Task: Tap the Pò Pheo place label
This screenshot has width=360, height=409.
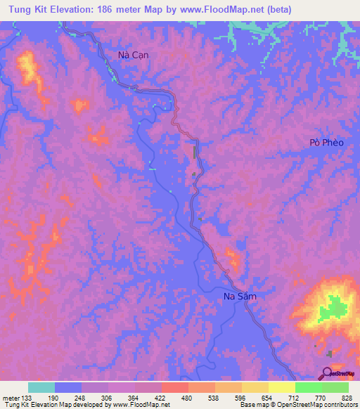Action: point(327,143)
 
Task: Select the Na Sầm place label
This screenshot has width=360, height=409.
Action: point(235,297)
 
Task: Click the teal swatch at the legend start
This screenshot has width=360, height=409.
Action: point(41,387)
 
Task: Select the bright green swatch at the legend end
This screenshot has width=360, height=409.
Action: point(335,387)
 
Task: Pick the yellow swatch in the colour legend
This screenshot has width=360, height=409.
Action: point(281,387)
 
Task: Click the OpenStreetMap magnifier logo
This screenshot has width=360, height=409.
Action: point(326,374)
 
